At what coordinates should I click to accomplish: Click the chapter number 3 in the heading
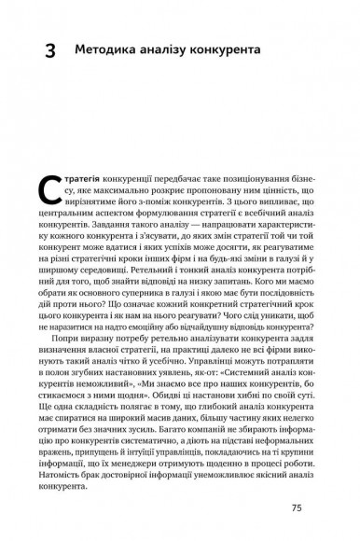(49, 48)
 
